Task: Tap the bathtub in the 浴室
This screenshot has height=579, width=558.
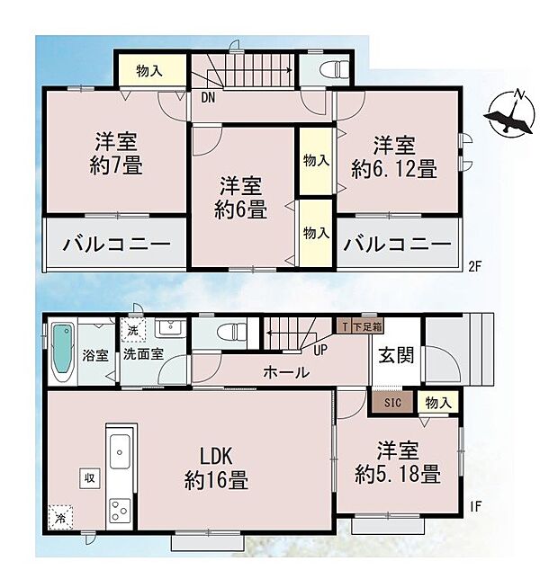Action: (62, 352)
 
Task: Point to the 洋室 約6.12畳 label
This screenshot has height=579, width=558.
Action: (395, 156)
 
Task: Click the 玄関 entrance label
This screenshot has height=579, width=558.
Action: (396, 355)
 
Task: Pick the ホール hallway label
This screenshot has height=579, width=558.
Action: (286, 372)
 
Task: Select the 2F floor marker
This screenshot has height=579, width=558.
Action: (474, 265)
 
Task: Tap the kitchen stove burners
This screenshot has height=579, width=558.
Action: (119, 511)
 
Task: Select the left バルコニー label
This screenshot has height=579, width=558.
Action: (114, 245)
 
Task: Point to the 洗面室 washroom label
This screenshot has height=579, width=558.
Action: (143, 354)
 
